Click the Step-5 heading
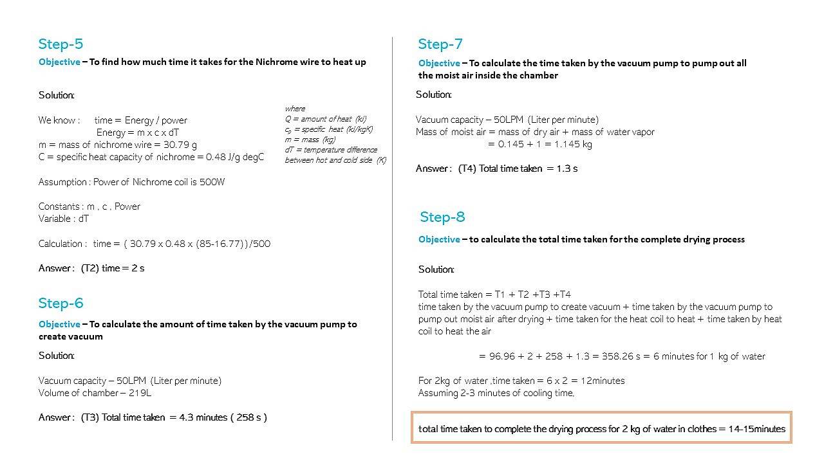61,44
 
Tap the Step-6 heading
61,304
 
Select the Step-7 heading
440,44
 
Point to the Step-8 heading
442,217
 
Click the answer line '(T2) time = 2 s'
112,268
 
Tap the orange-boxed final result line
601,429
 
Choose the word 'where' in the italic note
295,109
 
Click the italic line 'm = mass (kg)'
310,140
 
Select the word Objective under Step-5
59,62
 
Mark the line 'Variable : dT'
63,219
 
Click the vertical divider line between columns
393,238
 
